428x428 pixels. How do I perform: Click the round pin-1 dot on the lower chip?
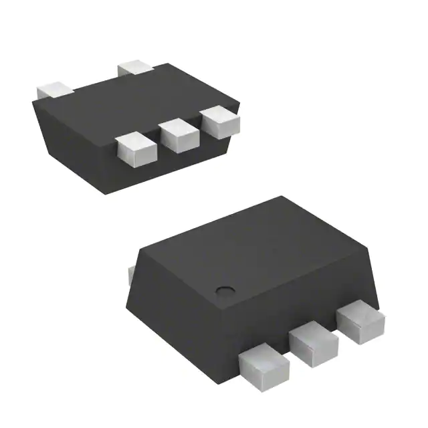pyautogui.click(x=224, y=291)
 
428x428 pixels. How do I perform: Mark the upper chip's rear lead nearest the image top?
pyautogui.click(x=136, y=67)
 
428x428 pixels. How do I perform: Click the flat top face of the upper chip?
pyautogui.click(x=134, y=100)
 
